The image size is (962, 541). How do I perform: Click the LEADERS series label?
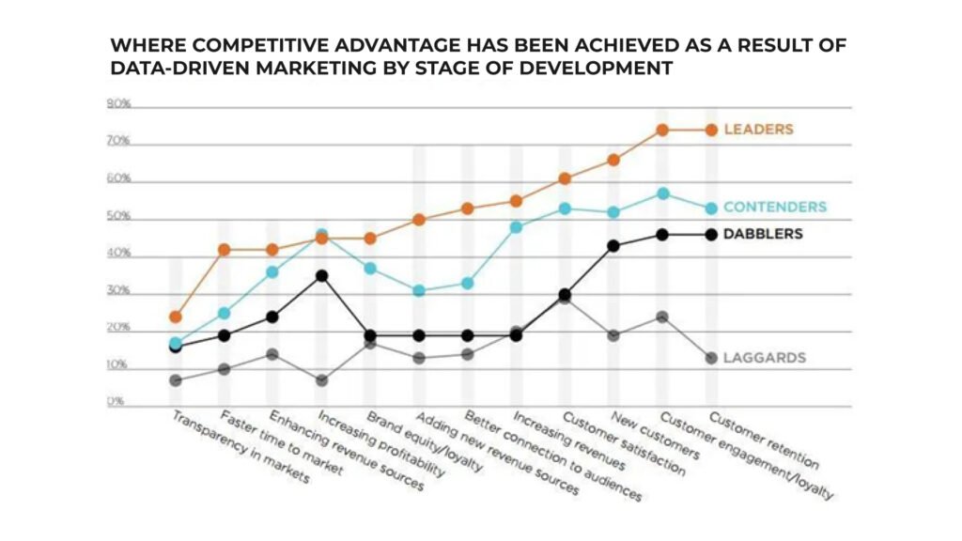(758, 130)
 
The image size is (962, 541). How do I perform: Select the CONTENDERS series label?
(774, 207)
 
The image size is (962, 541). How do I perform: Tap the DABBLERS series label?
(764, 234)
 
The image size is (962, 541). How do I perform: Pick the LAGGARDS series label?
(765, 358)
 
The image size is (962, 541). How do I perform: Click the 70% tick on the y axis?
(117, 142)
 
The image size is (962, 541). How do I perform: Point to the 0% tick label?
(116, 403)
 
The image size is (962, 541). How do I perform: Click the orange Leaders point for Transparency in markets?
(176, 317)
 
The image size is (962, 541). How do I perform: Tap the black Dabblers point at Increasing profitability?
(321, 276)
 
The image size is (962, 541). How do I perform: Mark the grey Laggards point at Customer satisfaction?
(565, 297)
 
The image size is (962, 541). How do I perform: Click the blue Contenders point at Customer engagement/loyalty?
(662, 193)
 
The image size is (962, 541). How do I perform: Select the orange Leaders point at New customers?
(613, 160)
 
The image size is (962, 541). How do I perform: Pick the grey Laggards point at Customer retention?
(711, 358)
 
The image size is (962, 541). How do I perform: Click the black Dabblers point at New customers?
(613, 246)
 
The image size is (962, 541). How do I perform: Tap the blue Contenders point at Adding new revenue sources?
(419, 291)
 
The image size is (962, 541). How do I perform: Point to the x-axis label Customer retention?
(763, 441)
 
